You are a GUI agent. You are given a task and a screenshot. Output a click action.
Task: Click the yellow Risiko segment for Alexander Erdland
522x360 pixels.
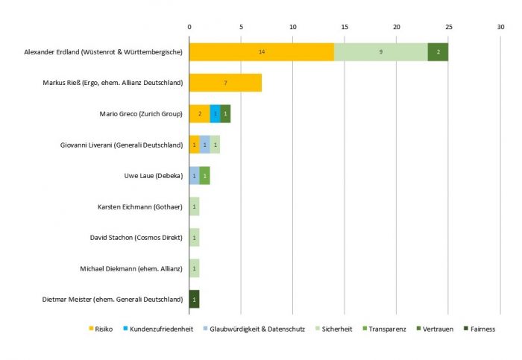tap(261, 52)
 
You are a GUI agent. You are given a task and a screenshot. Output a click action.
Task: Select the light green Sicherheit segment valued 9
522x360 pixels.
tap(380, 52)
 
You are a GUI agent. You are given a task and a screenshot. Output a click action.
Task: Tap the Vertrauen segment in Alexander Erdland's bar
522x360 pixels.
tap(438, 52)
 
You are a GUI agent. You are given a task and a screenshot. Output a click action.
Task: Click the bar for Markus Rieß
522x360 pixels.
tap(225, 83)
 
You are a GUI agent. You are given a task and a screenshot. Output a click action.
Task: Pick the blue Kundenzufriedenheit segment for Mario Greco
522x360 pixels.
tap(215, 114)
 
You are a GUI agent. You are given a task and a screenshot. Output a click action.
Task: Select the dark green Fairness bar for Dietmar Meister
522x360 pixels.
tap(194, 299)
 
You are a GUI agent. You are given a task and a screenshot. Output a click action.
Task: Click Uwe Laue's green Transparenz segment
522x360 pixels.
tap(205, 176)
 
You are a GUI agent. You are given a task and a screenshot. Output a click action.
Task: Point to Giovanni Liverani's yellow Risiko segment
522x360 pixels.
tap(194, 145)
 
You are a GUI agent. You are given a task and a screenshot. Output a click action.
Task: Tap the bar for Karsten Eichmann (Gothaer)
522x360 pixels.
tap(194, 206)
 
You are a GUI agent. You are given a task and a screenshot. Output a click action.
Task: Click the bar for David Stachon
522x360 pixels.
tap(194, 238)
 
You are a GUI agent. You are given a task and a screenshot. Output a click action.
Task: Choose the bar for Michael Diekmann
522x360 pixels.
tap(194, 268)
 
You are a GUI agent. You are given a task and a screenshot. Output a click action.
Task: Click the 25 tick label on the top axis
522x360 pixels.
tap(448, 28)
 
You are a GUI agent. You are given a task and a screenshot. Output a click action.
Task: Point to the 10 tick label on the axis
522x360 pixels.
tap(293, 28)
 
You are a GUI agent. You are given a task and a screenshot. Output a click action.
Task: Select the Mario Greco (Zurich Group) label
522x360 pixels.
tap(141, 114)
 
